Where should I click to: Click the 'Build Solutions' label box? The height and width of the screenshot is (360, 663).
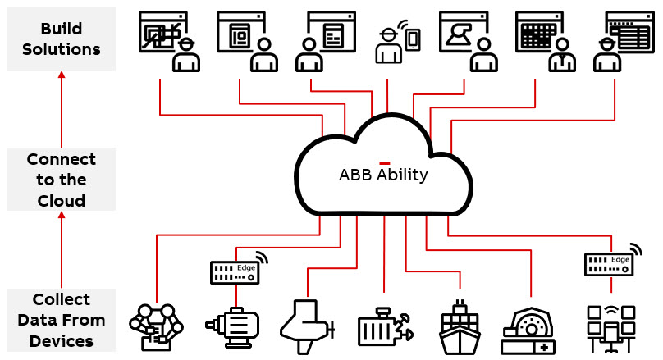(x=62, y=38)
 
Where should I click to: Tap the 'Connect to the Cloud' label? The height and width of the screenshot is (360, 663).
(x=62, y=179)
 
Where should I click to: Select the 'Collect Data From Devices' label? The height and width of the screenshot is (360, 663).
(x=62, y=320)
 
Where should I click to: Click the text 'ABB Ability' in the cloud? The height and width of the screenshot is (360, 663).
(x=383, y=175)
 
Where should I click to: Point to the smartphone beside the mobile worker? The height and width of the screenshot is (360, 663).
(x=413, y=39)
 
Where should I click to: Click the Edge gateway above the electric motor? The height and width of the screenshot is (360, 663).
(x=237, y=268)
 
